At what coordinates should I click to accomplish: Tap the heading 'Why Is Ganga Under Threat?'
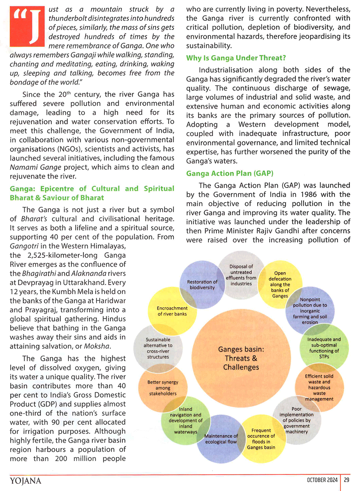(x=236, y=58)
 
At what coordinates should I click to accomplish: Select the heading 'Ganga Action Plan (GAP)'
(x=230, y=173)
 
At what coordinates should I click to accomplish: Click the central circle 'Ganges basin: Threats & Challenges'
(x=241, y=358)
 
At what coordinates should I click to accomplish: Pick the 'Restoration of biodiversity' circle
(x=202, y=285)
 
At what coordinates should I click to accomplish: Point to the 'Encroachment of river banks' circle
(x=172, y=311)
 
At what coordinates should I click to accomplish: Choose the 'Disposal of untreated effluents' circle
(x=241, y=275)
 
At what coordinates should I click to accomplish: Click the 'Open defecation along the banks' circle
(x=280, y=284)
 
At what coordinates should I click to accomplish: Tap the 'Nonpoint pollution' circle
(x=310, y=311)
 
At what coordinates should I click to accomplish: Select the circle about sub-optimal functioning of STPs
(x=324, y=348)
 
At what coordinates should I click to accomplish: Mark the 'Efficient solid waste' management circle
(x=319, y=387)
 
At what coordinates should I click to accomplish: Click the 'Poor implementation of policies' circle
(x=297, y=420)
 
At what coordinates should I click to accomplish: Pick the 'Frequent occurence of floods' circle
(x=261, y=439)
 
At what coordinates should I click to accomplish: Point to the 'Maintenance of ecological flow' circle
(x=221, y=439)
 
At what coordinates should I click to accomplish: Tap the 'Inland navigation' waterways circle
(x=185, y=420)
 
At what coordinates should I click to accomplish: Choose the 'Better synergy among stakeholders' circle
(x=163, y=388)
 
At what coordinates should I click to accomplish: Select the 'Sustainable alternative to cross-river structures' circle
(x=158, y=348)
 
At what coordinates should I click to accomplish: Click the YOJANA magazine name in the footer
(x=26, y=481)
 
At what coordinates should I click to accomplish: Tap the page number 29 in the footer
(x=346, y=480)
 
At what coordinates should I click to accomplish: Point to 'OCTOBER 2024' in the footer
(x=322, y=480)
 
